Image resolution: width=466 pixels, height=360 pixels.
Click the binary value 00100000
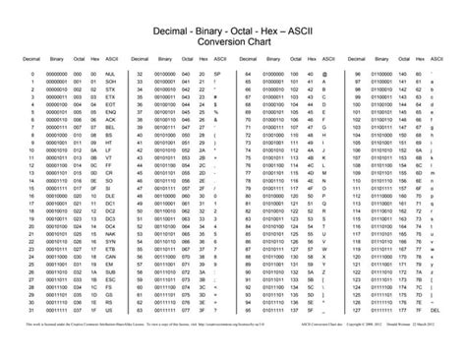[163, 74]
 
